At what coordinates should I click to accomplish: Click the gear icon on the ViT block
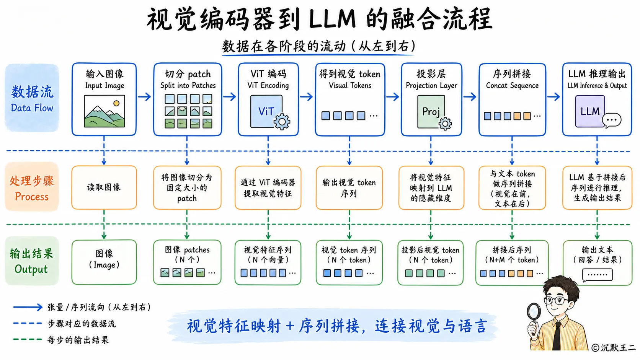click(282, 122)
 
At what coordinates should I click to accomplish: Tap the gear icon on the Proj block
click(445, 124)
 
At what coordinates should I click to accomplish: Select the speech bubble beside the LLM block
click(612, 120)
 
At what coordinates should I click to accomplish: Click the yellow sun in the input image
click(116, 103)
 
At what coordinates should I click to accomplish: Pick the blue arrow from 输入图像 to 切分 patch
click(144, 96)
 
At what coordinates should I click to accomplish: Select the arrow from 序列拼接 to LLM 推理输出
click(554, 96)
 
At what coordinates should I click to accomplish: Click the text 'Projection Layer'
click(431, 85)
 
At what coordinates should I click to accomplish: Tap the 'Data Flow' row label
click(32, 108)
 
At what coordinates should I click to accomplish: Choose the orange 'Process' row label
click(32, 197)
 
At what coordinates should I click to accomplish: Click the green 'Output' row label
click(31, 269)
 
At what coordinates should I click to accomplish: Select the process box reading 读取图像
click(104, 187)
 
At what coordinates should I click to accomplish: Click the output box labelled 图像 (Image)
click(104, 262)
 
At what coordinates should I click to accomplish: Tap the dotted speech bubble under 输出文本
click(597, 275)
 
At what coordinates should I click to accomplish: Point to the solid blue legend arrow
click(28, 307)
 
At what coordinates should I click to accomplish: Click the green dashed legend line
click(28, 339)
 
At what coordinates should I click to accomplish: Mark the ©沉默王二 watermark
click(614, 347)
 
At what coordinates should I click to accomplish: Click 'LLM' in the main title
click(332, 20)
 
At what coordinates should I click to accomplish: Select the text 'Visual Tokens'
click(350, 85)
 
